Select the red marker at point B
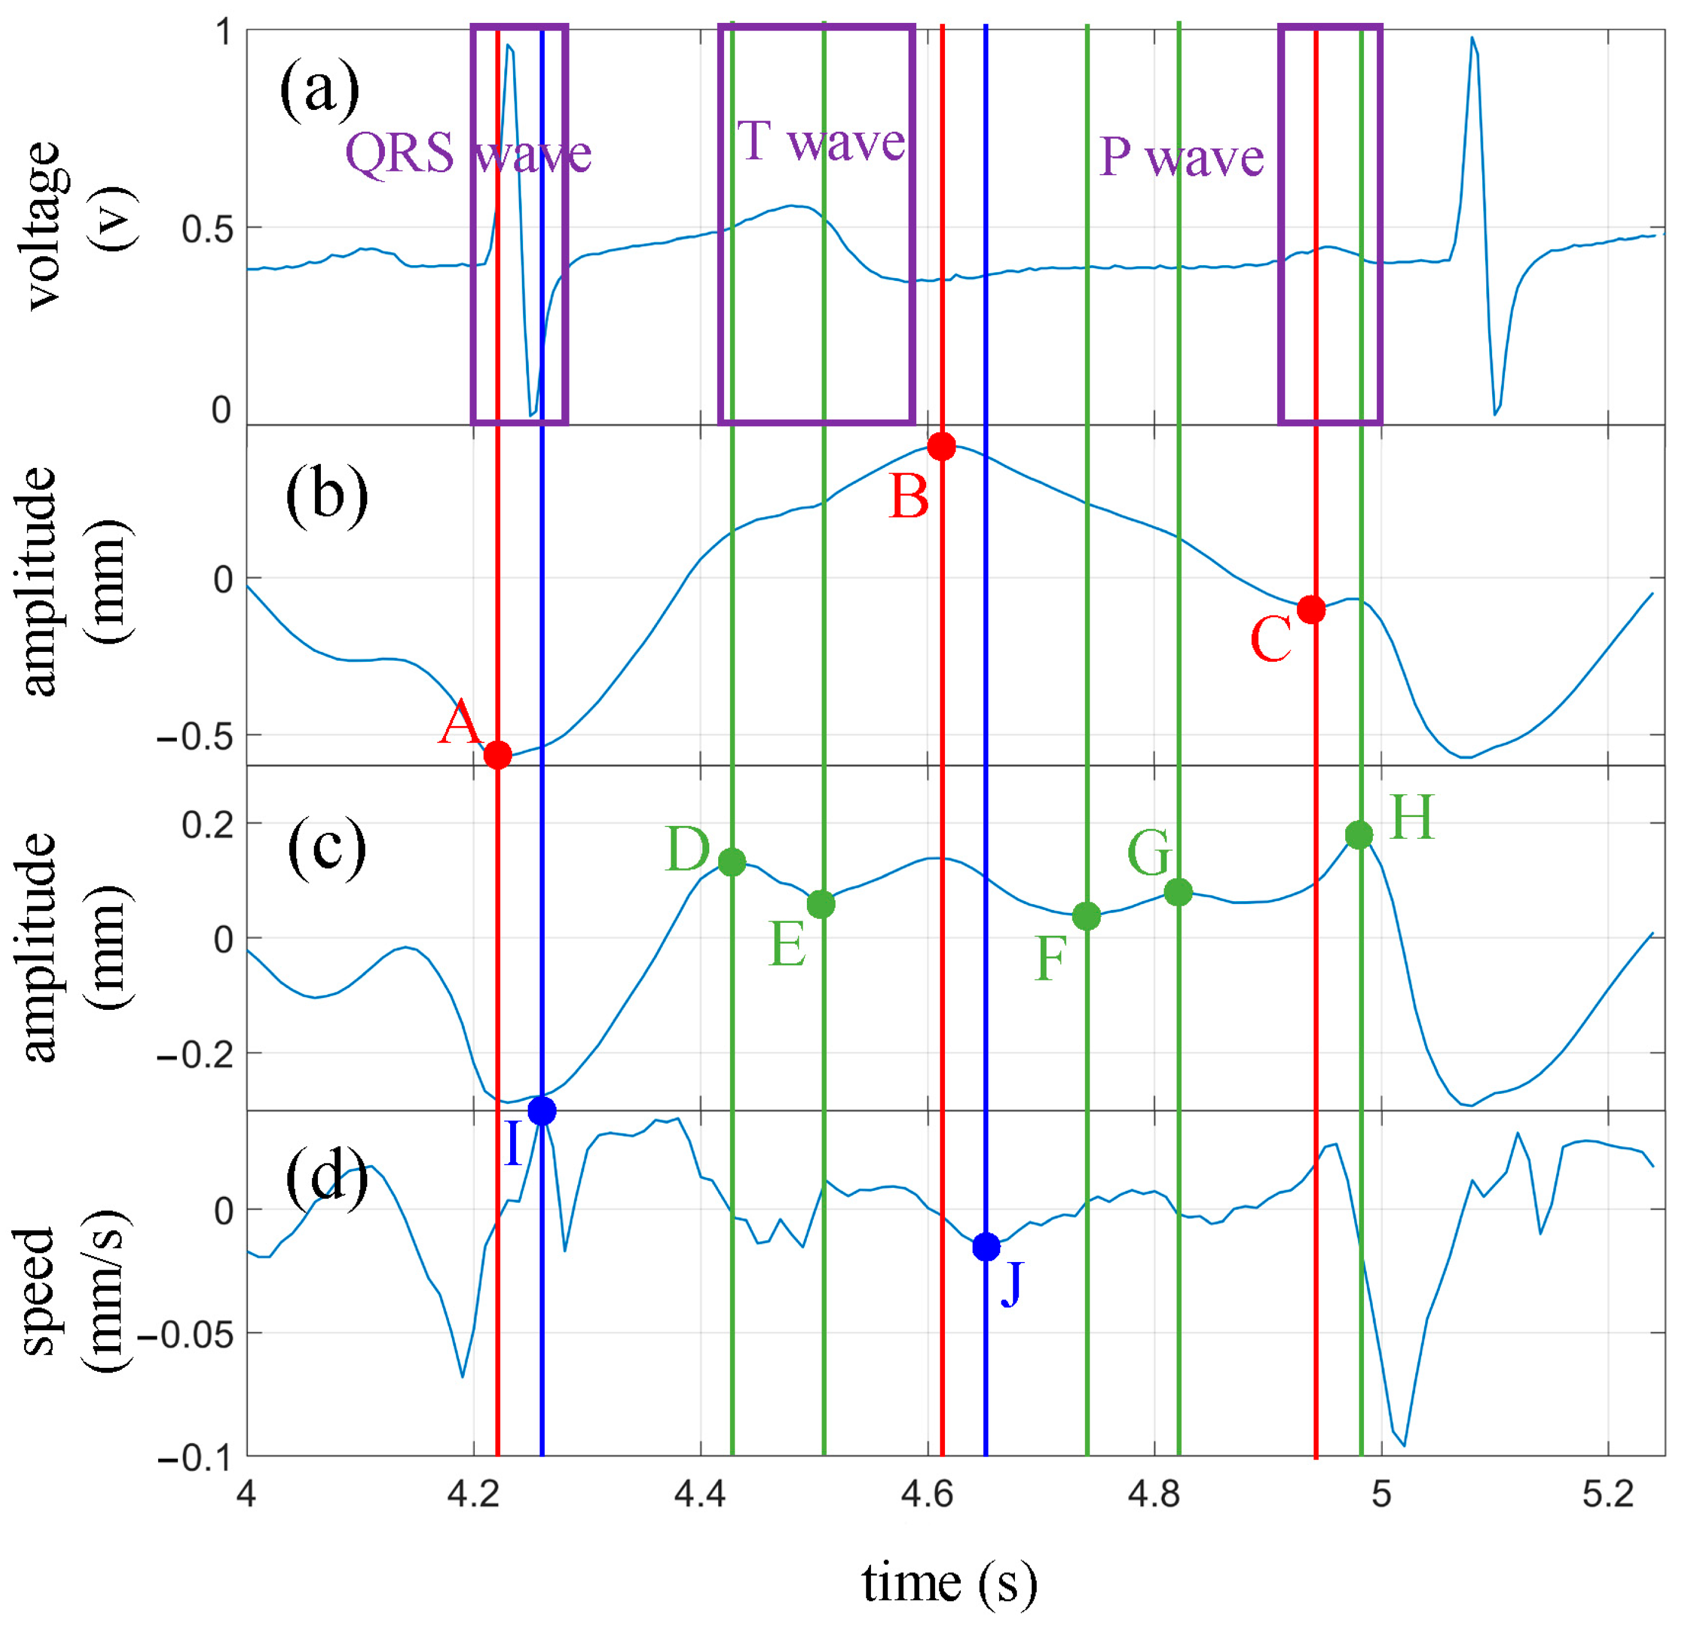pos(942,447)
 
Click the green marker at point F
pos(1087,916)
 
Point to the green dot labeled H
pos(1359,834)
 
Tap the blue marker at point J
pos(986,1247)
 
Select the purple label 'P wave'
pos(1181,158)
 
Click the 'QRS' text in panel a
pos(400,154)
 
